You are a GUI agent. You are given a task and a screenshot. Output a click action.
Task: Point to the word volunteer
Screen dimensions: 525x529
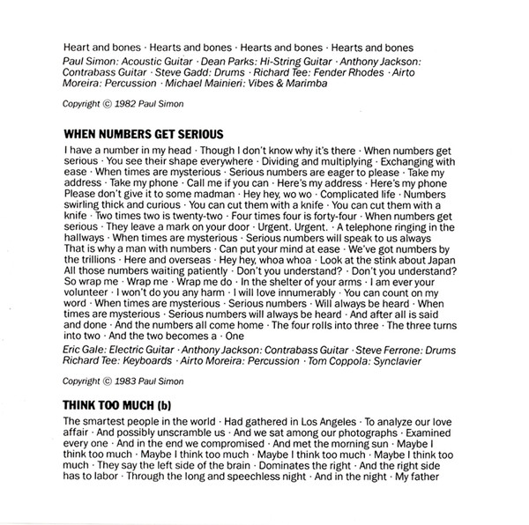92,339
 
